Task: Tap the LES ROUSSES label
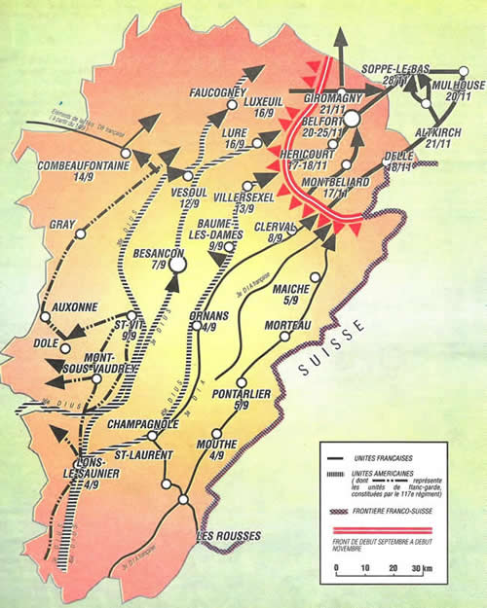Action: click(x=227, y=535)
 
